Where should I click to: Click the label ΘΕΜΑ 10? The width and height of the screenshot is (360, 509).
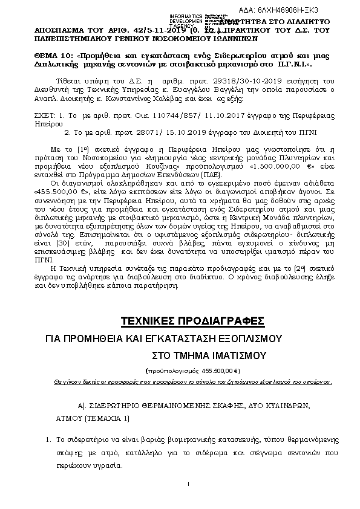45,55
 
